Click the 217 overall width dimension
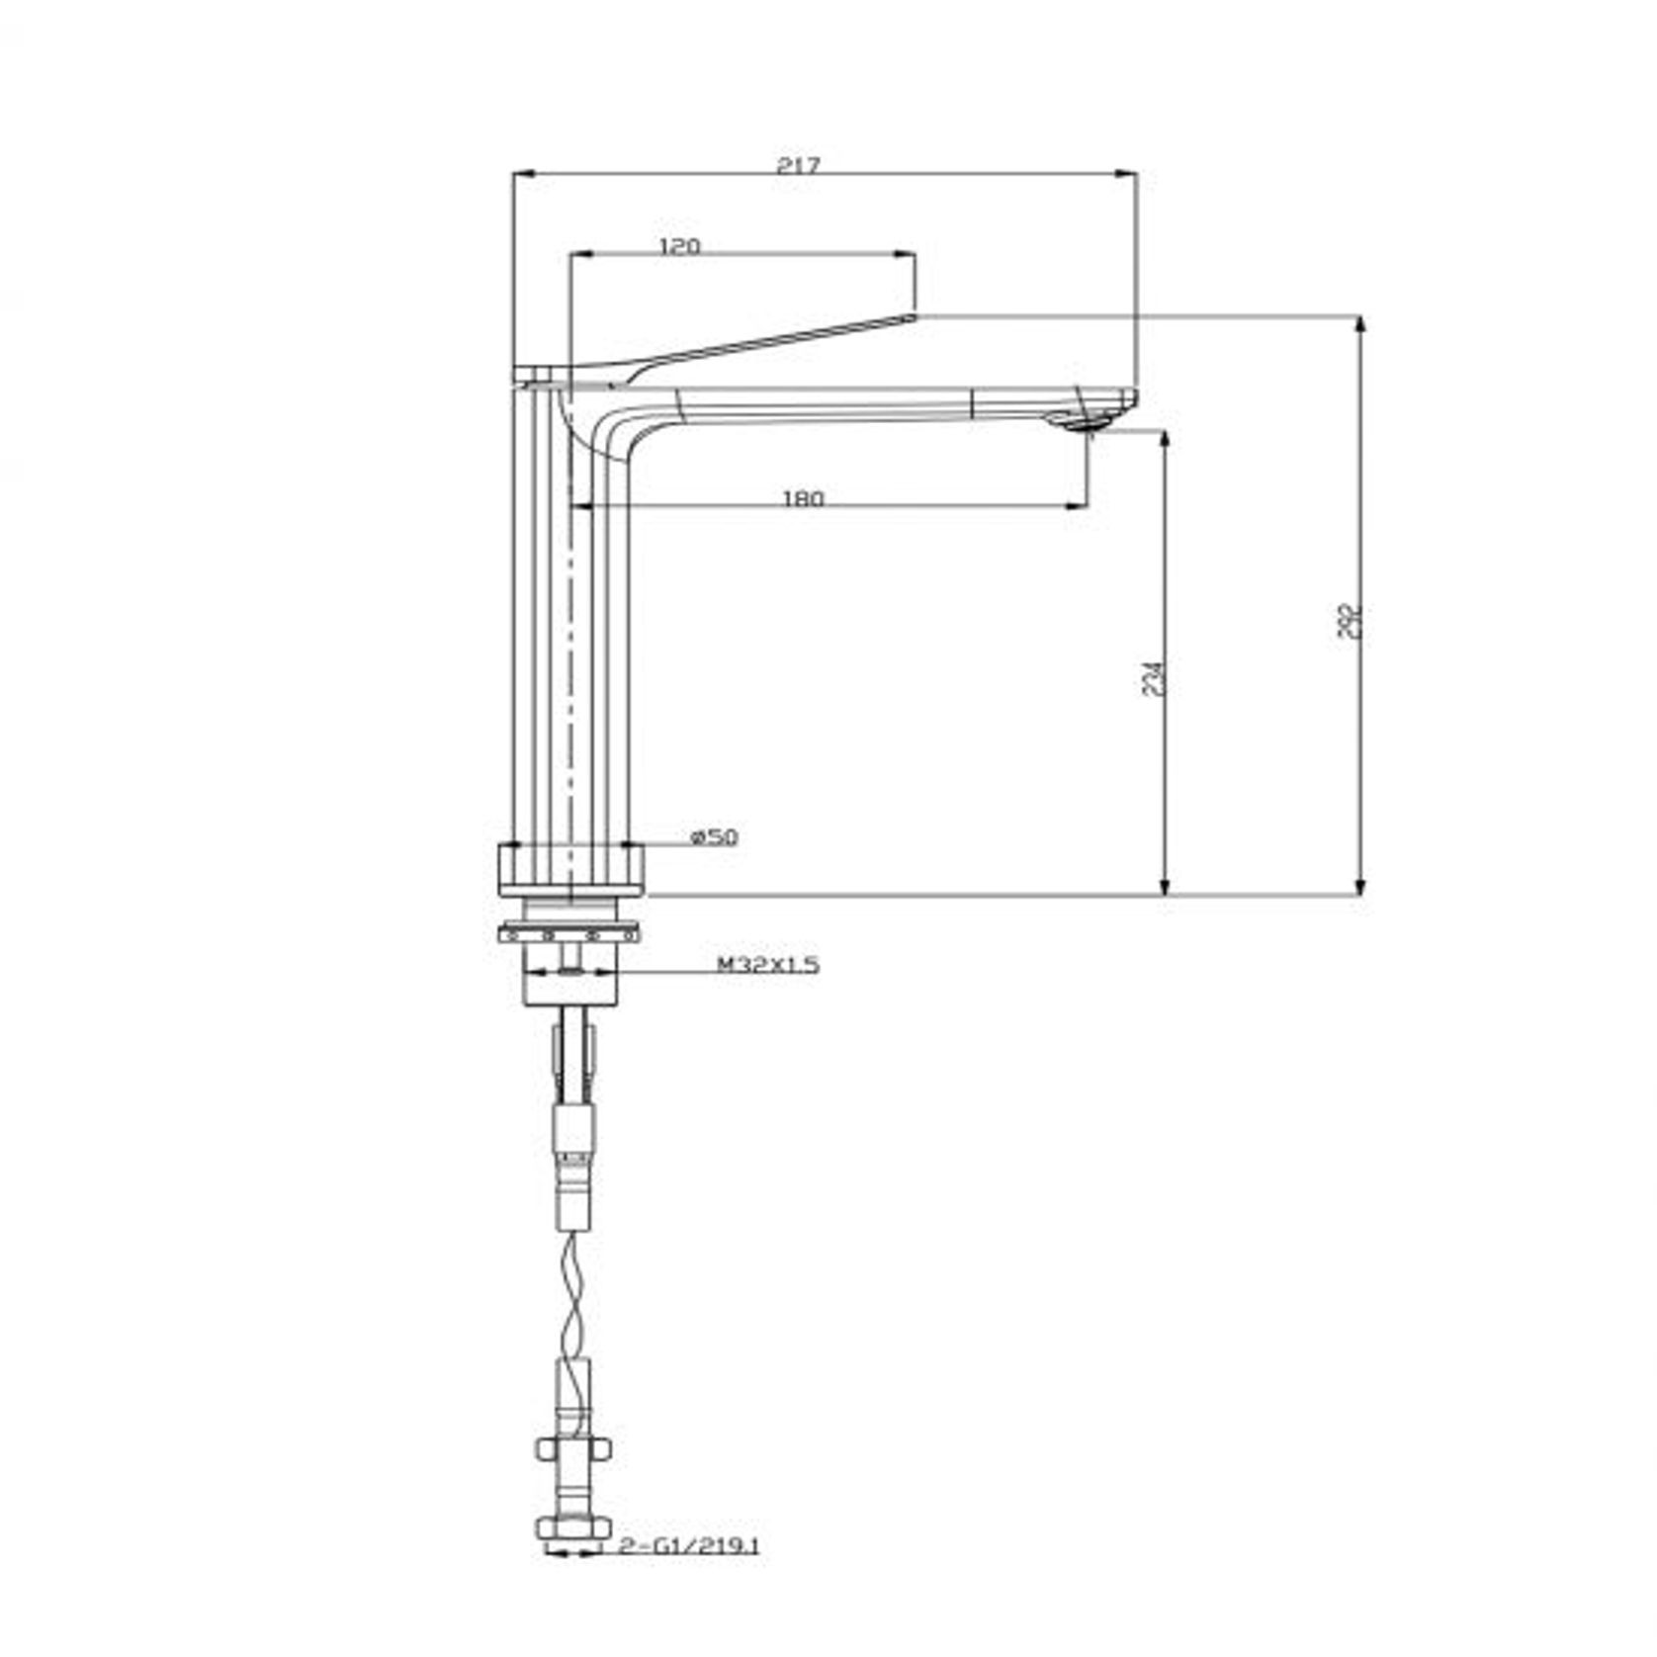coord(798,164)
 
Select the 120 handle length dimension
coord(679,245)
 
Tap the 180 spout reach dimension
coord(802,498)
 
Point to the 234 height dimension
coord(1153,678)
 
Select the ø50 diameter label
coord(714,837)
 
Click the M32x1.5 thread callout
coord(768,964)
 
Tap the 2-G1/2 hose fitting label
coord(688,1546)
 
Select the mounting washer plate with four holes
coord(569,932)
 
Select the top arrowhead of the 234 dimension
coord(1166,441)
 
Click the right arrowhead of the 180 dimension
coord(1078,506)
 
